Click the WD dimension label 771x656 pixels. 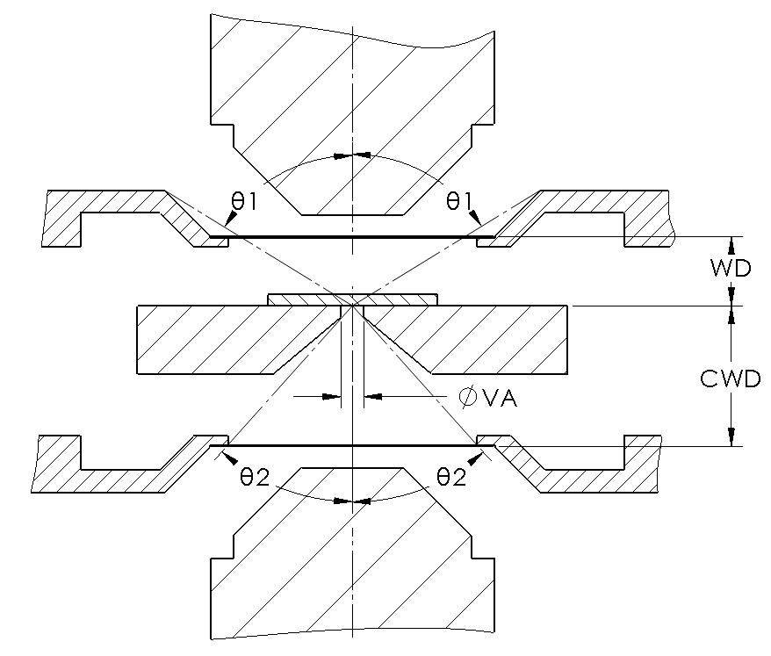pos(731,269)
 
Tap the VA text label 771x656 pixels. pos(497,399)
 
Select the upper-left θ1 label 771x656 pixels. pos(243,201)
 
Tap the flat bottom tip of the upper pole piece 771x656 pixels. pos(351,213)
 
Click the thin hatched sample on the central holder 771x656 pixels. pos(351,299)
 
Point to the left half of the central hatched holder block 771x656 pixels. pos(220,338)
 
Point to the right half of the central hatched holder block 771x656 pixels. pos(483,338)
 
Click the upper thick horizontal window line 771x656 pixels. pos(351,236)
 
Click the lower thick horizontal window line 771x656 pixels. pos(351,446)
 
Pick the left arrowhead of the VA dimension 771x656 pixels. pos(333,397)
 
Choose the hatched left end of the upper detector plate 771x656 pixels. pos(65,220)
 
